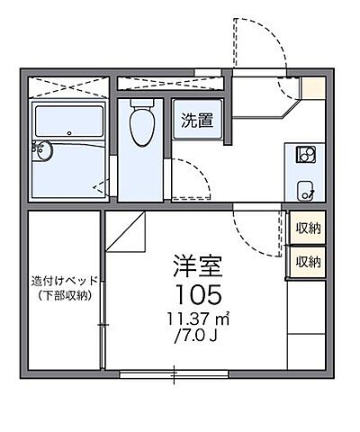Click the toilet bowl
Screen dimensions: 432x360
tap(141, 125)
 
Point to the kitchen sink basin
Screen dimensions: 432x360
tap(306, 190)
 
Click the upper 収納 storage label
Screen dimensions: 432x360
tap(308, 229)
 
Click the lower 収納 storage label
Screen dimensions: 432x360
tap(308, 262)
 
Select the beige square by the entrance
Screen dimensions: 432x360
tap(312, 88)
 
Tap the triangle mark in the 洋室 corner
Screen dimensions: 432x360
tap(123, 231)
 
